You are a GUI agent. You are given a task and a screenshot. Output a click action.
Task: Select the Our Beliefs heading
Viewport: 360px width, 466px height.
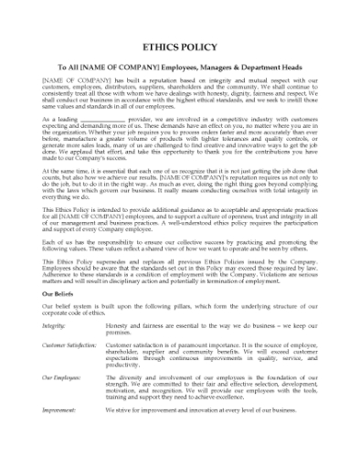click(61, 295)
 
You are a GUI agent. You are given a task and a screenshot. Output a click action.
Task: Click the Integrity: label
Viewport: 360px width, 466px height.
click(54, 325)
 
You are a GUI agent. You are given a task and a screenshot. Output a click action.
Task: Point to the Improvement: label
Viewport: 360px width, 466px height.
click(58, 411)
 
